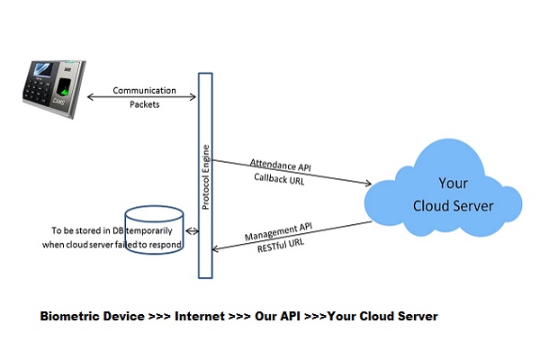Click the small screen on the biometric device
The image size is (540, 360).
pos(41,70)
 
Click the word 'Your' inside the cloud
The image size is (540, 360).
pos(453,183)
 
